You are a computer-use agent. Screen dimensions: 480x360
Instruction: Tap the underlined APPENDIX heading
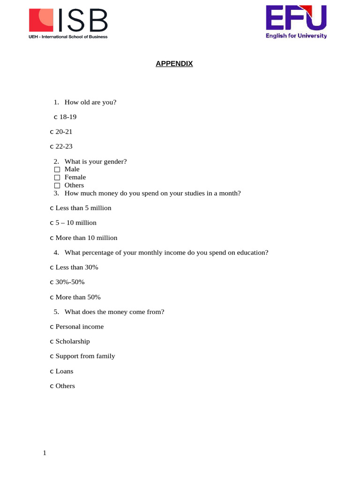(x=174, y=64)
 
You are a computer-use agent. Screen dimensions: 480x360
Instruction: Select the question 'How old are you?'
(x=90, y=102)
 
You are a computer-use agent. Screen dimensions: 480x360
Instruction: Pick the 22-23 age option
(x=64, y=146)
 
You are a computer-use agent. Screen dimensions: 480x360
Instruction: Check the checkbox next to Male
(x=57, y=169)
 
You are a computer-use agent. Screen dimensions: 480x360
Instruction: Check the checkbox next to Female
(x=57, y=177)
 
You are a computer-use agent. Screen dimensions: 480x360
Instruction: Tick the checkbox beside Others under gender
(x=57, y=186)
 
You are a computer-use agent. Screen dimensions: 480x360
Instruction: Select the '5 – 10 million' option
(x=75, y=223)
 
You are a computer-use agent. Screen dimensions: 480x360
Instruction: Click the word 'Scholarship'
(x=72, y=341)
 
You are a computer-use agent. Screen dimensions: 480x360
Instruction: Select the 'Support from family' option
(x=85, y=356)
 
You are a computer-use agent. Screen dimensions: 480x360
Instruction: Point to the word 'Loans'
(x=64, y=371)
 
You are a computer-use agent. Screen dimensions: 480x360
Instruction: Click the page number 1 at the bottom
(x=45, y=453)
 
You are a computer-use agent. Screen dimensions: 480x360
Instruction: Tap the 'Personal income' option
(x=79, y=327)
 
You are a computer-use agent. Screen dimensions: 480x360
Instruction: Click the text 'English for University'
(x=296, y=36)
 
